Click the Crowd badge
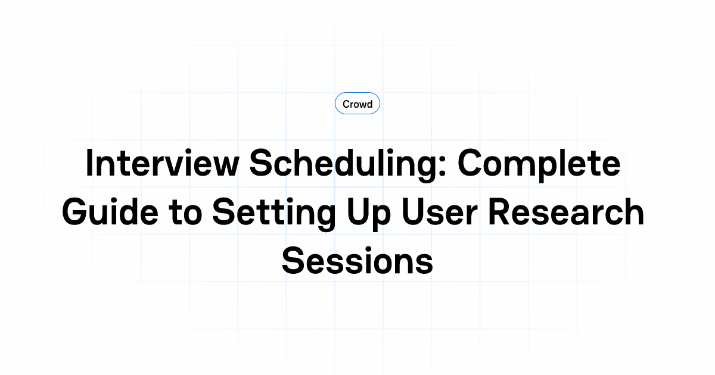(x=357, y=104)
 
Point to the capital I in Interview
(x=90, y=164)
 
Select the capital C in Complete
(x=470, y=164)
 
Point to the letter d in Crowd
(x=369, y=104)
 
